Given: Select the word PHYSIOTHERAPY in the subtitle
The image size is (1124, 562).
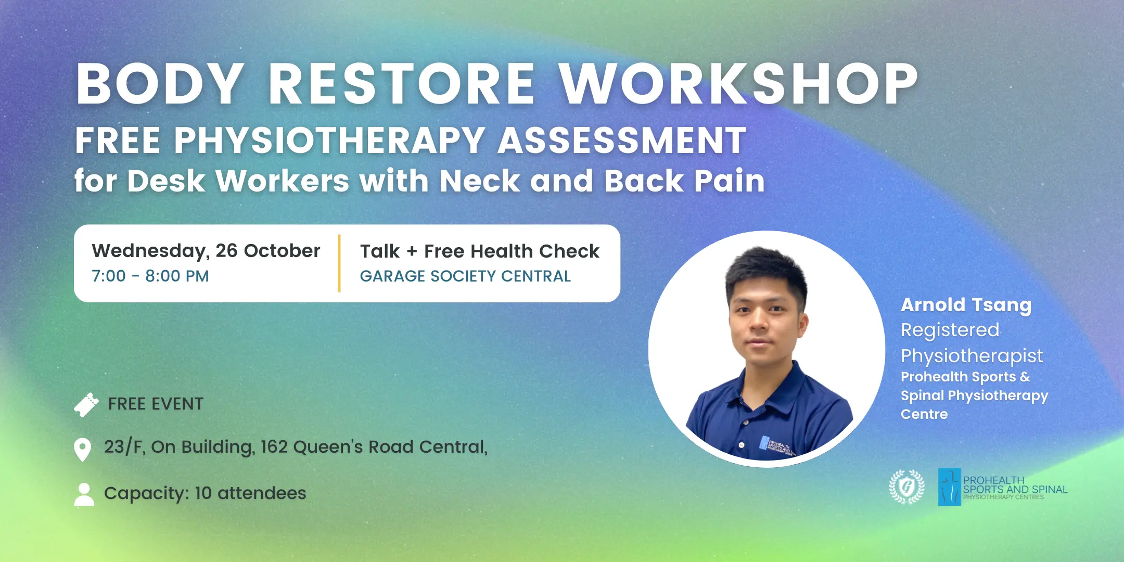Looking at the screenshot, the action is (330, 140).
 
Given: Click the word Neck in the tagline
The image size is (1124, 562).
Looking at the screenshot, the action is (480, 181).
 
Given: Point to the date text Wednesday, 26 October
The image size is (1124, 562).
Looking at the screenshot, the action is (206, 251).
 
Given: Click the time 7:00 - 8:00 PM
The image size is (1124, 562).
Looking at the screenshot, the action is (150, 276).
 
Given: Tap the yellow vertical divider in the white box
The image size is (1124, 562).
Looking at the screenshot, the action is (339, 263).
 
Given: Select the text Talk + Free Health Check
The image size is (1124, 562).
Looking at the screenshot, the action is (480, 251).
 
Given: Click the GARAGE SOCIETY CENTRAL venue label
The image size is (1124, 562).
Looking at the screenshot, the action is (465, 276).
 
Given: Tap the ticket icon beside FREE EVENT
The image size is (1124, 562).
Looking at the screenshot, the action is (86, 405).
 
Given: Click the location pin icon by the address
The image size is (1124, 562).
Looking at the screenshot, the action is (83, 450).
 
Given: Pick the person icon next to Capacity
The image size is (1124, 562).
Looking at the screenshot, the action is (84, 494).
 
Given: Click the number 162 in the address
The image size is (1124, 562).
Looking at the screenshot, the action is (274, 446).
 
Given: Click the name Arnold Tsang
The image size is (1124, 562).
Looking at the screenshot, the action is (966, 305).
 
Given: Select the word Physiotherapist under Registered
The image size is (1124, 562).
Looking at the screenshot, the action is (972, 356).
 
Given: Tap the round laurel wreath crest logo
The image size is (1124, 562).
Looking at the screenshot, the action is (907, 487).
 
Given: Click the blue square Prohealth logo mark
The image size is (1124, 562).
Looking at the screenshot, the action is (950, 487).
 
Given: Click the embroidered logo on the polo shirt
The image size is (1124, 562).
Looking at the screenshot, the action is (776, 446).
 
